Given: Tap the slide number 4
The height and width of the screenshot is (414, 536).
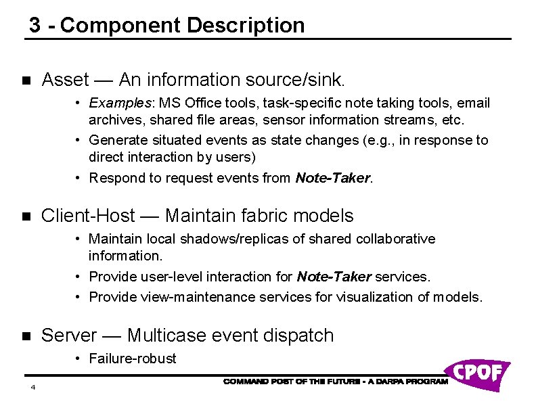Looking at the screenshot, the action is click(32, 388).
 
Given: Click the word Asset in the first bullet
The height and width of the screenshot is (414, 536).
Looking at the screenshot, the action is click(65, 80).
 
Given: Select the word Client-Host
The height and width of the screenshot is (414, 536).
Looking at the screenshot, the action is click(87, 216).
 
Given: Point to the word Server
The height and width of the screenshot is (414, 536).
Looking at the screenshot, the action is click(70, 335).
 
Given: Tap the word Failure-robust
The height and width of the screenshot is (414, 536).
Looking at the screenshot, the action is click(133, 359).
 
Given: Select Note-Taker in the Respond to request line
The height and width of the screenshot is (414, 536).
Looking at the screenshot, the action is click(333, 179).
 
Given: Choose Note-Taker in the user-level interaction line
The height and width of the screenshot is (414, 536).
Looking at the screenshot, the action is click(334, 277).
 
